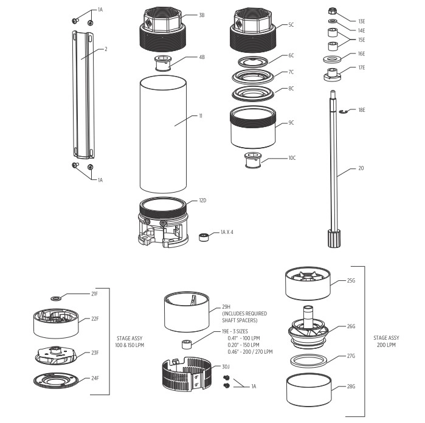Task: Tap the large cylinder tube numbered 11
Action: pyautogui.click(x=161, y=133)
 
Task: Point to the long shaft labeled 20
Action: pyautogui.click(x=334, y=164)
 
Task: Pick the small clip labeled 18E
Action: pyautogui.click(x=343, y=111)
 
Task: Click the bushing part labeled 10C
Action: pyautogui.click(x=251, y=161)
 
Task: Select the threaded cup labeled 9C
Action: pyautogui.click(x=252, y=129)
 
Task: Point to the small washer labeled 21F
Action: pyautogui.click(x=57, y=298)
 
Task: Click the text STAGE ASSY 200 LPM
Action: pyautogui.click(x=386, y=341)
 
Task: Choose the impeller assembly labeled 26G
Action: pyautogui.click(x=310, y=327)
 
